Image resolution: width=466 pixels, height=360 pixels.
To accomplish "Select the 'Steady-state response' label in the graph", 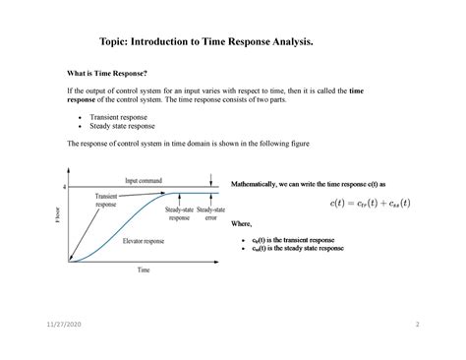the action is click(x=179, y=213).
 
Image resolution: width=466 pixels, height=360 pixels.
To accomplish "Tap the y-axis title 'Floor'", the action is click(x=58, y=213).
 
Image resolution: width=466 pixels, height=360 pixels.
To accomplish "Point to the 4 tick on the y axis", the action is click(x=65, y=187).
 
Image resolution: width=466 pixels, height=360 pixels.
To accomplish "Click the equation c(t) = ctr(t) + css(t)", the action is click(x=370, y=204).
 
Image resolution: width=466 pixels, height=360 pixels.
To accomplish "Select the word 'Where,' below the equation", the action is click(x=242, y=223).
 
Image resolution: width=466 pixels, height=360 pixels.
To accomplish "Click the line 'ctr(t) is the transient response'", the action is click(x=292, y=239).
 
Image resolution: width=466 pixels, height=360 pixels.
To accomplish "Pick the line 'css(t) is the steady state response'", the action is click(x=297, y=248).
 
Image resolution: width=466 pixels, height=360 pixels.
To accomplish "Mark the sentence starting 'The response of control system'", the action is click(x=187, y=144).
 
